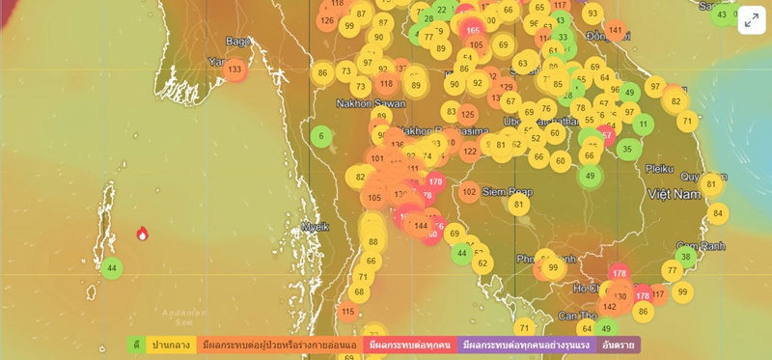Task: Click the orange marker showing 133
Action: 234,69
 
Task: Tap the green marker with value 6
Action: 321,136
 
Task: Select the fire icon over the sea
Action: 142,234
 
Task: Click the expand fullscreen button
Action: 752,20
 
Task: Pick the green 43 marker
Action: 722,14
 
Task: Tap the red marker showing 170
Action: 435,181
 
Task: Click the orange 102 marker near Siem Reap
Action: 469,192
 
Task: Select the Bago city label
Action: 237,42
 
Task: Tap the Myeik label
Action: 316,228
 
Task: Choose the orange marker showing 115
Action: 348,311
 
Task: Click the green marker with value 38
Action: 686,256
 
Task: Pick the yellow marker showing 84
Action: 717,213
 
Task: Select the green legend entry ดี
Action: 136,345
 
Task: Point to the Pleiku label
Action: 659,168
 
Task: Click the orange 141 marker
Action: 616,30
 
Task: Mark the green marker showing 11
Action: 643,125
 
